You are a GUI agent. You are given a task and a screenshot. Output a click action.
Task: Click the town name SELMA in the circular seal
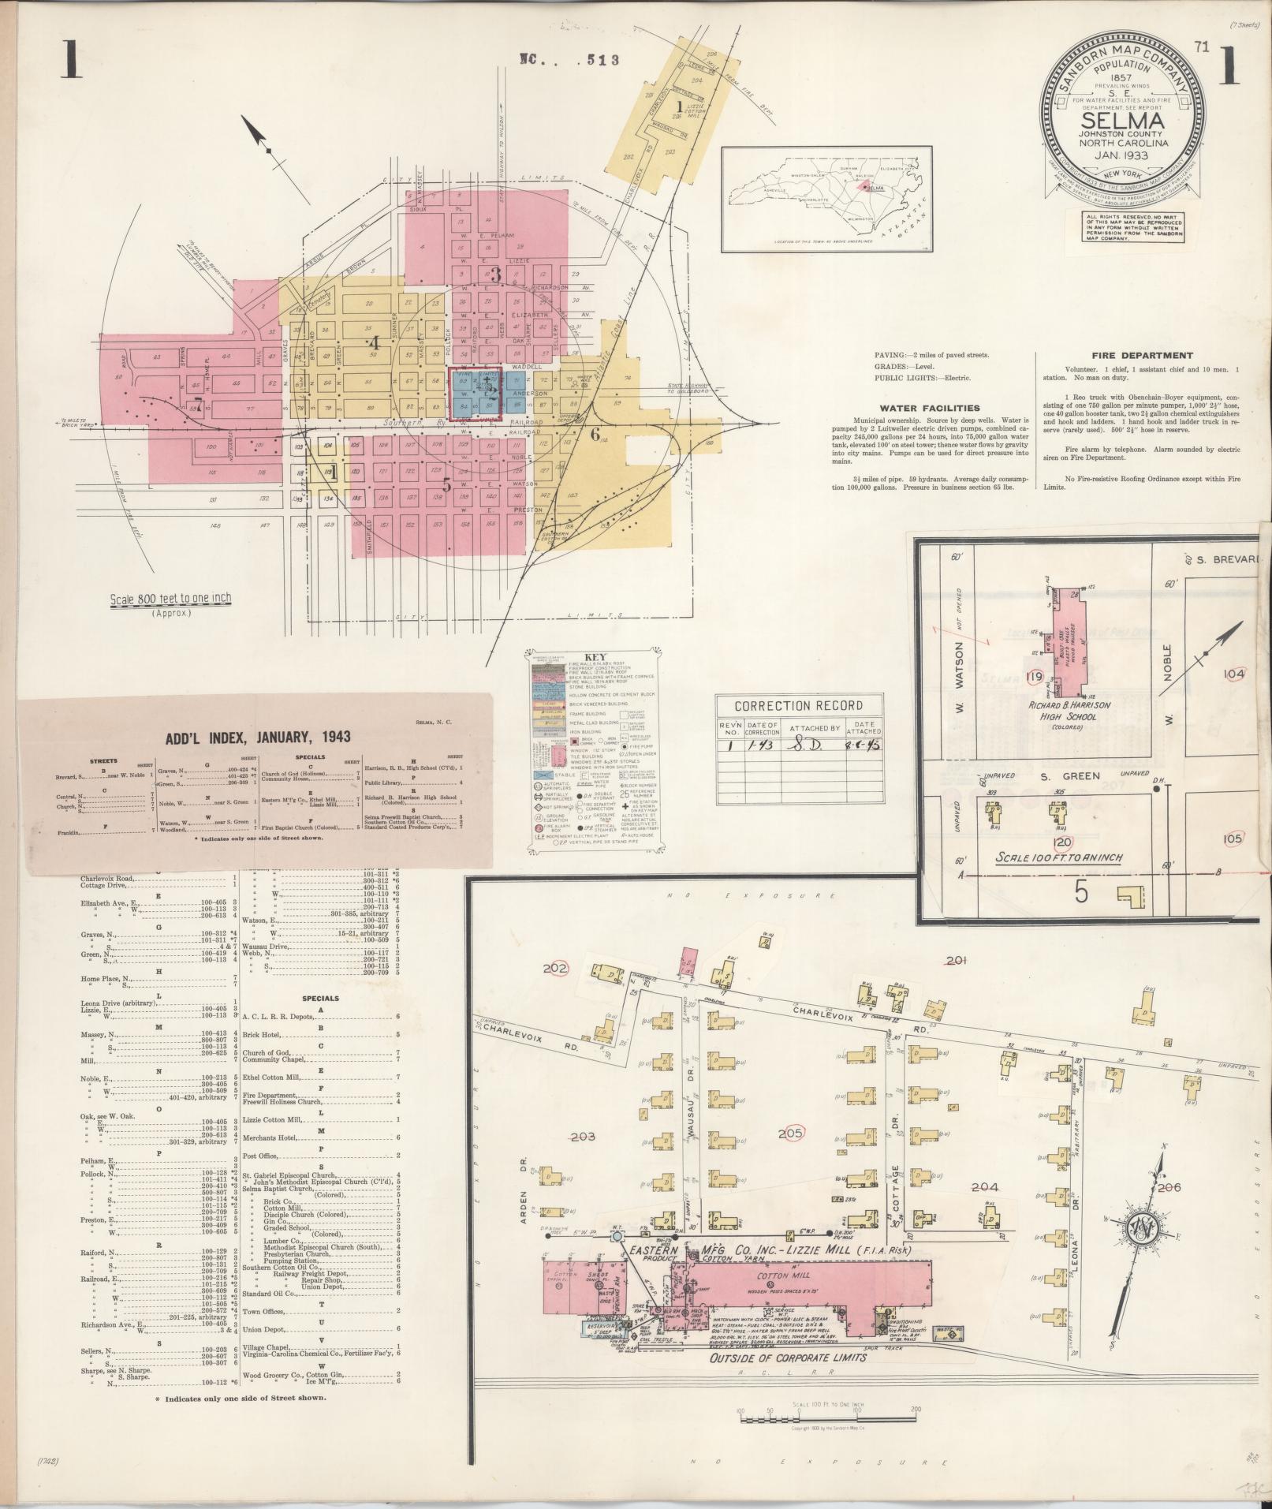pyautogui.click(x=1123, y=121)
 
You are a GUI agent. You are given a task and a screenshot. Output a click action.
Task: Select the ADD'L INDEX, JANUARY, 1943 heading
pyautogui.click(x=258, y=737)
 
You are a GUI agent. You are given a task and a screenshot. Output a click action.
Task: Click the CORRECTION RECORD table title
pyautogui.click(x=798, y=705)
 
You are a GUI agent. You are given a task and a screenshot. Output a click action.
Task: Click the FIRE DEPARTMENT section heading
pyautogui.click(x=1142, y=356)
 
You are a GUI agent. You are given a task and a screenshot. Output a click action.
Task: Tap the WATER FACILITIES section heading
pyautogui.click(x=930, y=408)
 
